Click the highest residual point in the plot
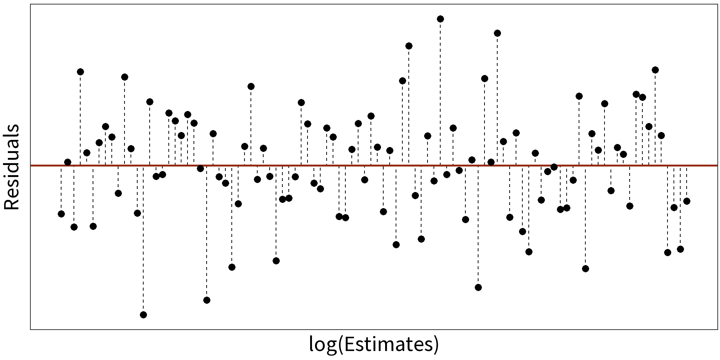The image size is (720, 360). [x=440, y=19]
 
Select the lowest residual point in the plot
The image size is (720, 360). [x=143, y=315]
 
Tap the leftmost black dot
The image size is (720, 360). [x=61, y=214]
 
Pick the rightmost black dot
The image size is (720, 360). [x=687, y=201]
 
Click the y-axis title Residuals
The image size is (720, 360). [x=11, y=167]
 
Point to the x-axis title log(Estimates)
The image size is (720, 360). [x=373, y=344]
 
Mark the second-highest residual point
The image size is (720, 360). [x=497, y=33]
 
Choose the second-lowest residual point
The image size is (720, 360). [x=207, y=300]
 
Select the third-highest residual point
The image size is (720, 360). [x=409, y=46]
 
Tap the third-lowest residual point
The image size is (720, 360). [x=478, y=287]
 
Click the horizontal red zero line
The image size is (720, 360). [x=375, y=165]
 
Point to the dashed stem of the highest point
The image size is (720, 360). [x=440, y=94]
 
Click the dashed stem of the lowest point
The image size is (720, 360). [x=143, y=240]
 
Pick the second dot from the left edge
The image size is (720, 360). [x=67, y=162]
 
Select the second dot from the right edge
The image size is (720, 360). [x=680, y=249]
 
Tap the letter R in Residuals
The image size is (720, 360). [x=11, y=202]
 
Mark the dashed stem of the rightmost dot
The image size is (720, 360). [x=687, y=184]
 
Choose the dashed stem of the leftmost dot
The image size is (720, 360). [x=61, y=189]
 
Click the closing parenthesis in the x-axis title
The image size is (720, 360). [x=436, y=344]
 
